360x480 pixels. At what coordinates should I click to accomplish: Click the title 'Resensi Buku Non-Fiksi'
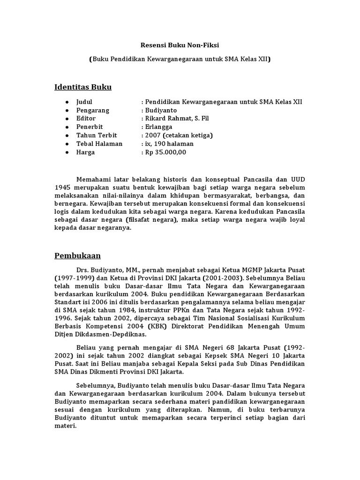[180, 45]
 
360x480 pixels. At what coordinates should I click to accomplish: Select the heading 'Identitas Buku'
[83, 87]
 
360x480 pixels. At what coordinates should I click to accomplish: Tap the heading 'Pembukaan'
[77, 255]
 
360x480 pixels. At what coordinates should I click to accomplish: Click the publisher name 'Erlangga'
[159, 127]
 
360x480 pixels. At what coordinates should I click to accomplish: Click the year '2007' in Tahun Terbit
[153, 135]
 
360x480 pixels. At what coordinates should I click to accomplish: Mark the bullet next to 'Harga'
[67, 152]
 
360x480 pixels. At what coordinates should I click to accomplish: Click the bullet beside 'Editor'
[67, 119]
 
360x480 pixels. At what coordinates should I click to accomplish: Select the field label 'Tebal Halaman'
[99, 144]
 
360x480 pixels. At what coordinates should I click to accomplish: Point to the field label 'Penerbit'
[90, 127]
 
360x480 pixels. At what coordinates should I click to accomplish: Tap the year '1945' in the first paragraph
[62, 188]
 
